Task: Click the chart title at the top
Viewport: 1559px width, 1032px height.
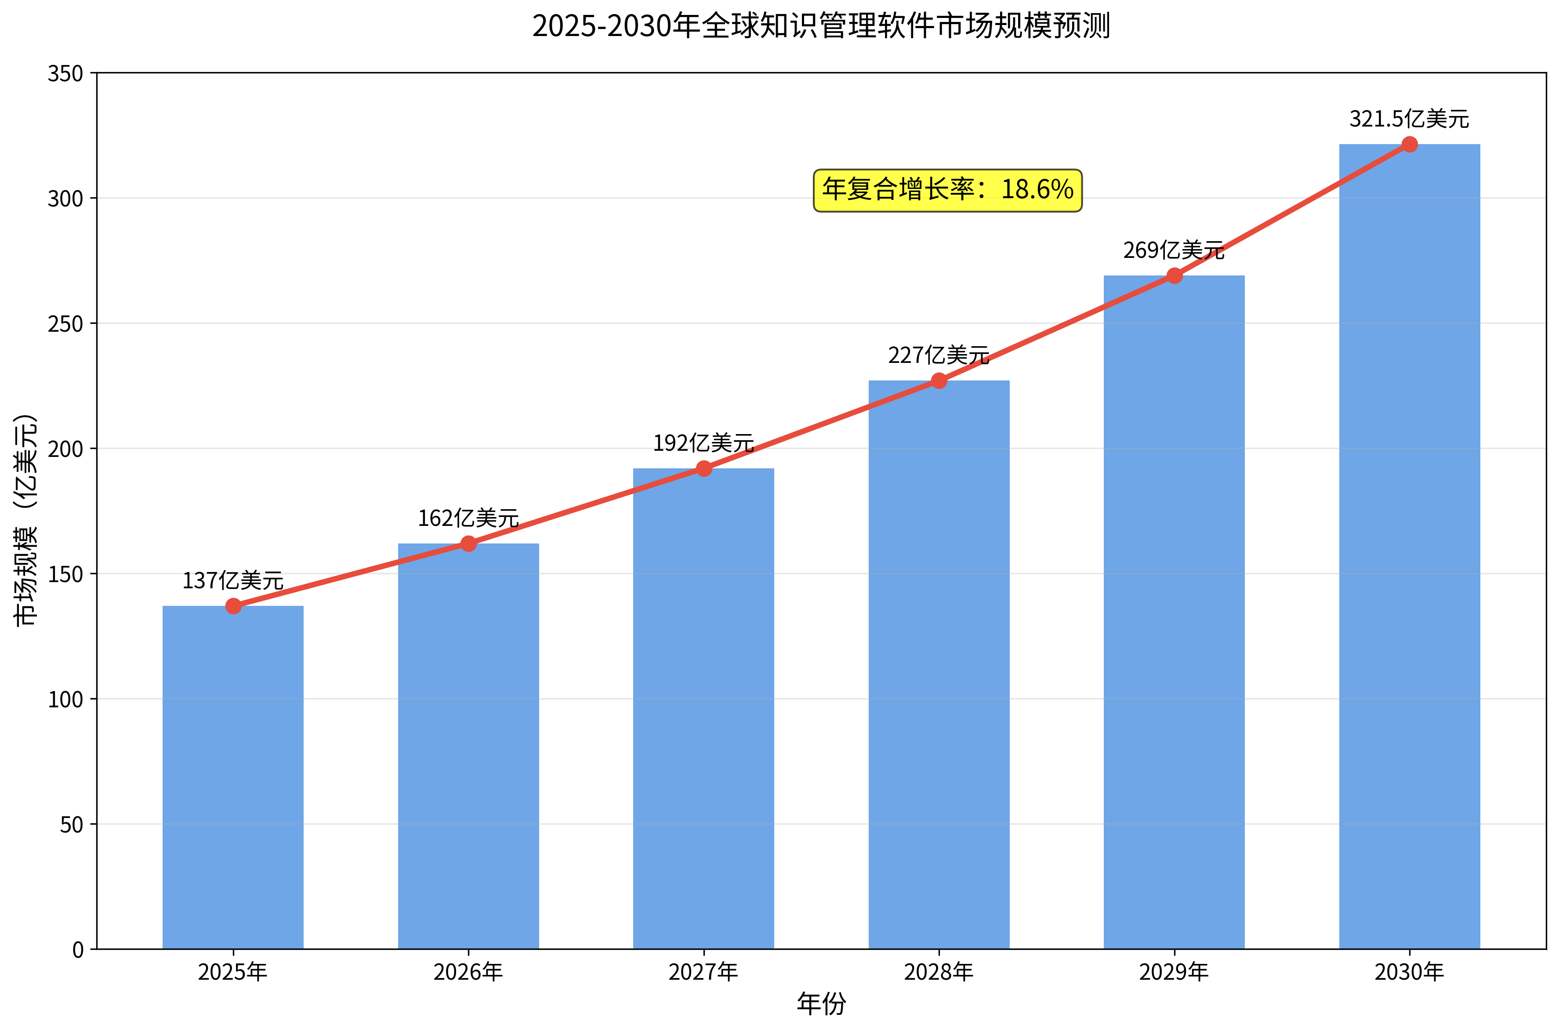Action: [821, 26]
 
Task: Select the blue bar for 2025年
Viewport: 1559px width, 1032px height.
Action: [233, 777]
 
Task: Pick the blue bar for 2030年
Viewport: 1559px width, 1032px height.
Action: [1409, 546]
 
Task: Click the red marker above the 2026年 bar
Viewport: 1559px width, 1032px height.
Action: [468, 543]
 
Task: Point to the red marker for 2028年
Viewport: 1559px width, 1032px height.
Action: [939, 381]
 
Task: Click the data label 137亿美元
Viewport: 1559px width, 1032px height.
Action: [233, 580]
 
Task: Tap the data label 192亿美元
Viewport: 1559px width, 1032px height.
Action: [703, 443]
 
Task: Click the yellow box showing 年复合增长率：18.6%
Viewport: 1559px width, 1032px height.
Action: [948, 190]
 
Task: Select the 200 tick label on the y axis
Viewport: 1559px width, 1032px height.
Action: [66, 449]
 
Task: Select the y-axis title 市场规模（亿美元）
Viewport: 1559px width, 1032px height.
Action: [26, 520]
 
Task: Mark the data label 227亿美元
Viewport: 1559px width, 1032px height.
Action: [939, 355]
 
